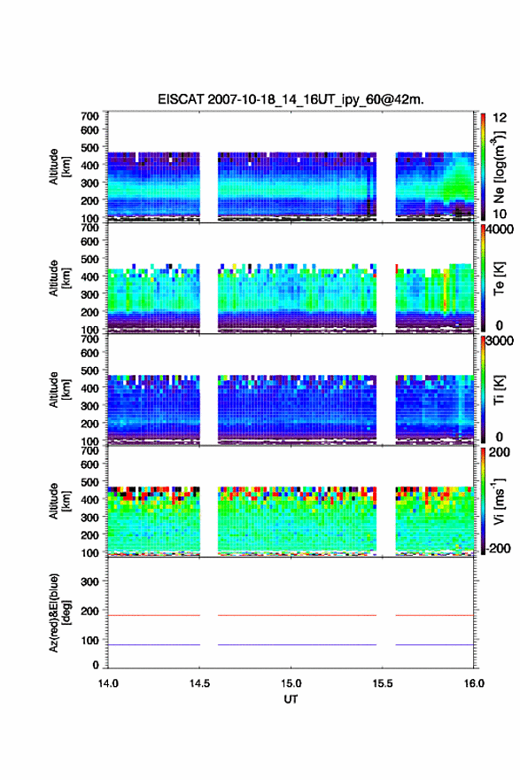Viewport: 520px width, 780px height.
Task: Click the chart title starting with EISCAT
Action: tap(291, 99)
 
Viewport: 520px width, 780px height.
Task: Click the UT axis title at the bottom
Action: tap(291, 699)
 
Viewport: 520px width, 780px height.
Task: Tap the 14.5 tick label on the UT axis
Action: tap(199, 683)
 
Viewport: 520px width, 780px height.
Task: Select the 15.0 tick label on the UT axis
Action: tap(291, 683)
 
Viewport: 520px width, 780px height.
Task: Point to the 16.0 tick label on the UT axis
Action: tap(474, 683)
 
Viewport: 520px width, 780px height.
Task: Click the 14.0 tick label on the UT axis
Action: tap(108, 683)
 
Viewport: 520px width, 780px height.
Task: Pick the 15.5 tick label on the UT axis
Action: tap(383, 683)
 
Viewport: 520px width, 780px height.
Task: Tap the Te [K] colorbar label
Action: tap(499, 278)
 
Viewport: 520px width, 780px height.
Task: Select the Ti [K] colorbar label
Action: tap(499, 390)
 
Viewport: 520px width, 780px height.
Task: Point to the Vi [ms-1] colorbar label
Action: tap(499, 501)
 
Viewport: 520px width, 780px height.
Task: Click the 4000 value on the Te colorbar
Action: tap(500, 230)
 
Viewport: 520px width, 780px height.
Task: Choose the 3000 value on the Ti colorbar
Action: tap(500, 340)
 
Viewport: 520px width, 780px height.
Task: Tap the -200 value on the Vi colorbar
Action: tap(497, 548)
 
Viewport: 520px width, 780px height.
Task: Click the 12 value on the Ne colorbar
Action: tap(500, 117)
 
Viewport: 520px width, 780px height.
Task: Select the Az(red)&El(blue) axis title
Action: tap(59, 612)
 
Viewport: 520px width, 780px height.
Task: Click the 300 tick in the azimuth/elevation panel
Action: tap(90, 581)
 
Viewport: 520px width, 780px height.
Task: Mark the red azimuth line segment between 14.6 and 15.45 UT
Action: tap(298, 615)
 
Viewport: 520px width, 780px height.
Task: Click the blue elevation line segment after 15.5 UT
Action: tap(434, 644)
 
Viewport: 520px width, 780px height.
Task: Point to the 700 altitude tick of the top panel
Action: tap(90, 116)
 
